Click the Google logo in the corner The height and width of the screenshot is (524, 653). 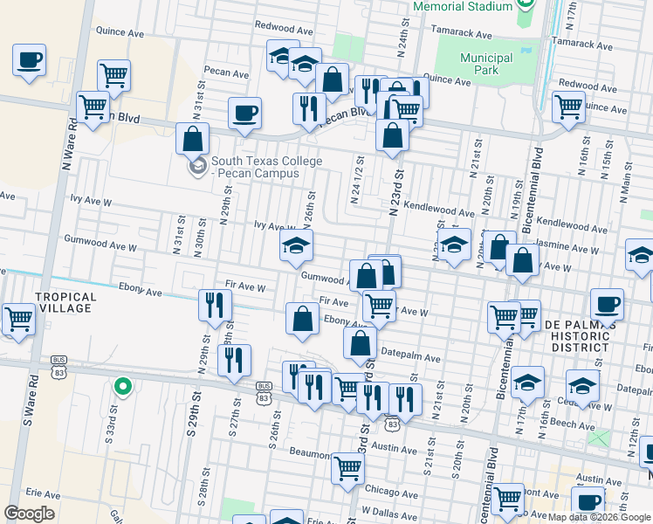29,513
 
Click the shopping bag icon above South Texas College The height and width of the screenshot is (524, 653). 192,139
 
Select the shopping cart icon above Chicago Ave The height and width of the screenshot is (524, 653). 347,469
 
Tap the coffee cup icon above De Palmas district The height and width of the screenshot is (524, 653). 607,304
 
